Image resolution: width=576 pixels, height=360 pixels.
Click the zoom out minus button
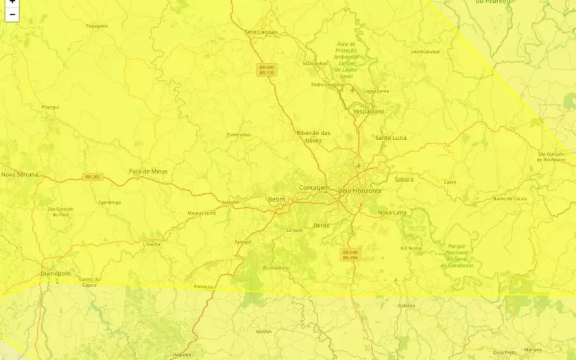[x=12, y=14]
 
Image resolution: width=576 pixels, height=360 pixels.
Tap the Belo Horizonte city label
[x=360, y=191]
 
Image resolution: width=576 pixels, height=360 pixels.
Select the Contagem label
[x=314, y=188]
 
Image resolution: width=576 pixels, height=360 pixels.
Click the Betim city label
[x=276, y=200]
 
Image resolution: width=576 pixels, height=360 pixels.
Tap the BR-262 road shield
[x=93, y=177]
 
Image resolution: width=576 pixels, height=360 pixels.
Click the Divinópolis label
[x=56, y=273]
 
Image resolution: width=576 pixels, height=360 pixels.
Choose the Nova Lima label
[x=392, y=213]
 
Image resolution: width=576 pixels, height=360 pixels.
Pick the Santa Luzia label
[x=391, y=138]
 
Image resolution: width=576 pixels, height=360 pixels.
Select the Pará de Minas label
[x=148, y=171]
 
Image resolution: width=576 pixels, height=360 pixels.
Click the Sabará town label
[x=404, y=180]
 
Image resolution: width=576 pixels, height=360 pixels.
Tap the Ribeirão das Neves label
[x=313, y=136]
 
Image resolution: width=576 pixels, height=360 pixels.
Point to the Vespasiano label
[x=368, y=111]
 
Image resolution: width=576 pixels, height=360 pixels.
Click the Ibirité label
[x=321, y=225]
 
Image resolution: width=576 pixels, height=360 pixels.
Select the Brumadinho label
[x=276, y=267]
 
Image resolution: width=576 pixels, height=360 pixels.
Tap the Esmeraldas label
[x=239, y=134]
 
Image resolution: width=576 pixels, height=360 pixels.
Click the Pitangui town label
[x=50, y=107]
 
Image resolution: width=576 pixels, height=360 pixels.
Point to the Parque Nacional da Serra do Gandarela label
[x=460, y=256]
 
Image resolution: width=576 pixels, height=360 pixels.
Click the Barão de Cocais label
[x=510, y=199]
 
